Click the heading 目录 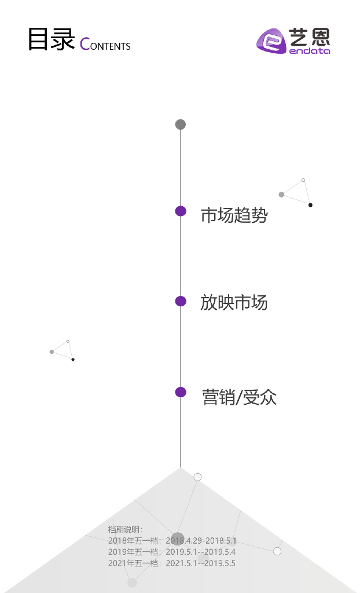click(x=51, y=39)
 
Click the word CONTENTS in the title click(x=105, y=45)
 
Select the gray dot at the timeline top click(x=181, y=125)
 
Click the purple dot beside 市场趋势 click(x=181, y=211)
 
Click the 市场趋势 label click(x=234, y=215)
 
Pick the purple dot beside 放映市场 click(x=181, y=301)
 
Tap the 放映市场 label click(x=234, y=302)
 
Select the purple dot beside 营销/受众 click(x=181, y=392)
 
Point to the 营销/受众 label click(x=239, y=397)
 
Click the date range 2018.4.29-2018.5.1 click(x=201, y=540)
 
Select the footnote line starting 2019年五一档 click(x=171, y=552)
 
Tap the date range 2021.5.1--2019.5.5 click(x=200, y=563)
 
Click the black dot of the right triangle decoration click(x=310, y=205)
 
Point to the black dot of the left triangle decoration click(x=73, y=360)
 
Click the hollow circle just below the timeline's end click(x=197, y=477)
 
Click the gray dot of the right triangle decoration click(x=281, y=195)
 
